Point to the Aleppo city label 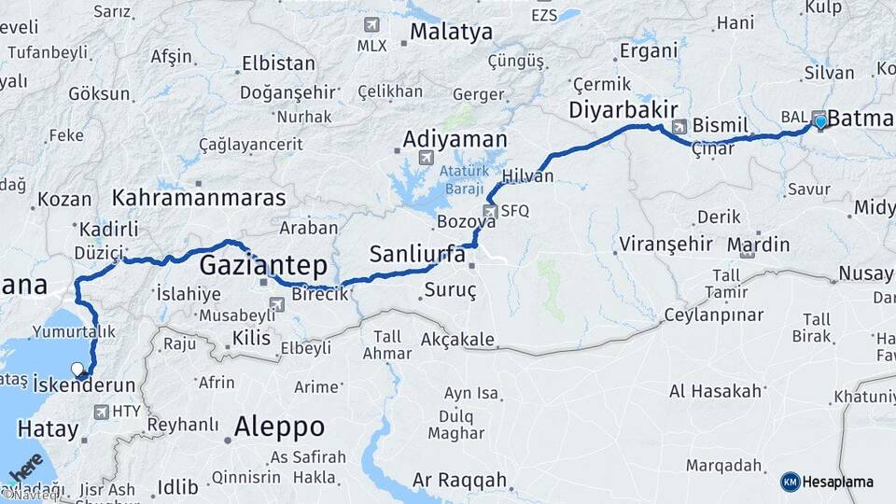tap(279, 427)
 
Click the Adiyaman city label tap(455, 140)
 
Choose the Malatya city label tap(451, 32)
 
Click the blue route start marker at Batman tap(820, 122)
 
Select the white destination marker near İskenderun tap(77, 370)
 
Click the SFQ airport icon tap(491, 211)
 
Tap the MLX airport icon tap(372, 24)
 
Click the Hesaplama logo tap(827, 482)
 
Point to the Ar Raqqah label tap(461, 481)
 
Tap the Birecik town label tap(321, 294)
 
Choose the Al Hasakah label tap(716, 391)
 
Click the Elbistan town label tap(278, 64)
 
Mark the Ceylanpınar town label tap(715, 315)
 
